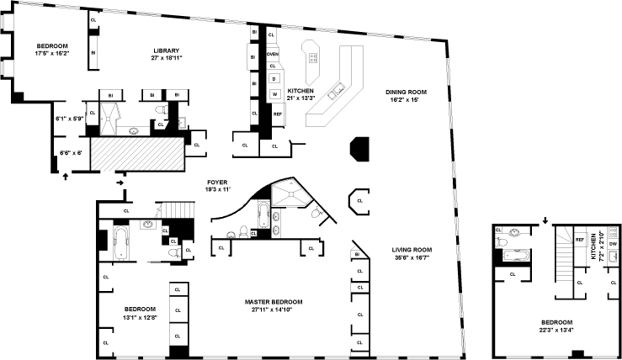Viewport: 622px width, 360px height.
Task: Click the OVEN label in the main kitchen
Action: pyautogui.click(x=273, y=54)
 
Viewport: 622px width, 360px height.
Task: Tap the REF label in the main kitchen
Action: pyautogui.click(x=277, y=113)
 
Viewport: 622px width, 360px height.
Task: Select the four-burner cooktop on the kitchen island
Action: pyautogui.click(x=313, y=58)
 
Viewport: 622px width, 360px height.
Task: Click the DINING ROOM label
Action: pyautogui.click(x=402, y=92)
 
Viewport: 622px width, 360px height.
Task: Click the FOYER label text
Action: pyautogui.click(x=218, y=182)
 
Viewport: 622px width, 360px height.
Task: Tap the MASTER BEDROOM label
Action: pyautogui.click(x=274, y=302)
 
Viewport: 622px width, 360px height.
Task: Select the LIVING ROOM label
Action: pyautogui.click(x=412, y=250)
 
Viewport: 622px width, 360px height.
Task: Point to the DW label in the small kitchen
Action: pyautogui.click(x=613, y=244)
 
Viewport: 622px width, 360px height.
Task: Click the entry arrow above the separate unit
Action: pyautogui.click(x=545, y=221)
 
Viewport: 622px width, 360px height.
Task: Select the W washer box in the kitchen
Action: pyautogui.click(x=274, y=93)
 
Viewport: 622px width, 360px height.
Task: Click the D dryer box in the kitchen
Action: pyautogui.click(x=274, y=78)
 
